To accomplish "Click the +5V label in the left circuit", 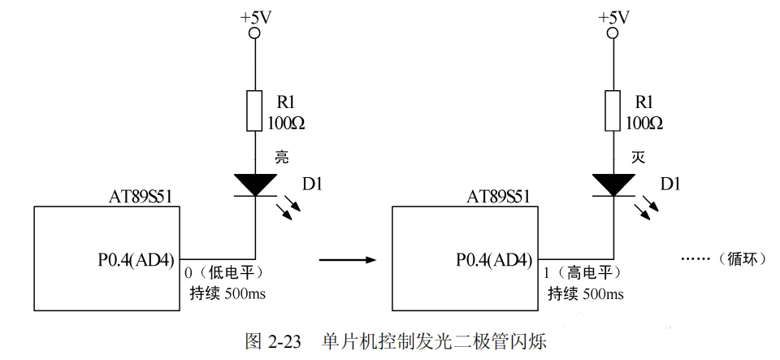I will [x=254, y=16].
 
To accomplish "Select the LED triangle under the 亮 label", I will [x=255, y=184].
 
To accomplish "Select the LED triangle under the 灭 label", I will [x=613, y=184].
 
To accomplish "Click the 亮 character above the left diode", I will [x=283, y=157].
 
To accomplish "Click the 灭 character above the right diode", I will [x=639, y=157].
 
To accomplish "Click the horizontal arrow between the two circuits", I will [x=348, y=260].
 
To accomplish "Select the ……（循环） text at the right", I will [x=724, y=260].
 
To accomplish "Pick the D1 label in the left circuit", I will [x=311, y=186].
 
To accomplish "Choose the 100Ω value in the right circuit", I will [x=645, y=124].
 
